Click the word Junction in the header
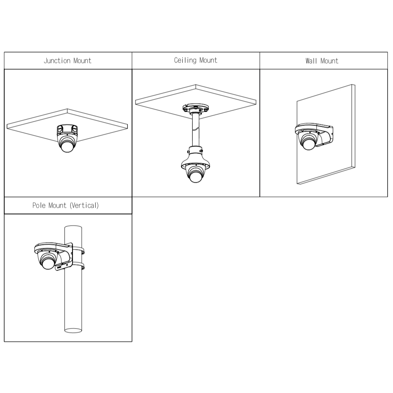(x=57, y=61)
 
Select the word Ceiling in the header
(x=185, y=60)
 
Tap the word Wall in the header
(x=311, y=61)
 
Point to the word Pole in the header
(x=39, y=205)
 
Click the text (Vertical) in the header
(x=84, y=205)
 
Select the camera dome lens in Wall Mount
(x=309, y=144)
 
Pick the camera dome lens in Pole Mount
(x=48, y=263)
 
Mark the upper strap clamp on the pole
(x=79, y=251)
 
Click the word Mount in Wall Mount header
(x=329, y=61)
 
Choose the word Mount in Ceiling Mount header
(x=208, y=60)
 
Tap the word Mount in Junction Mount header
(x=82, y=61)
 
